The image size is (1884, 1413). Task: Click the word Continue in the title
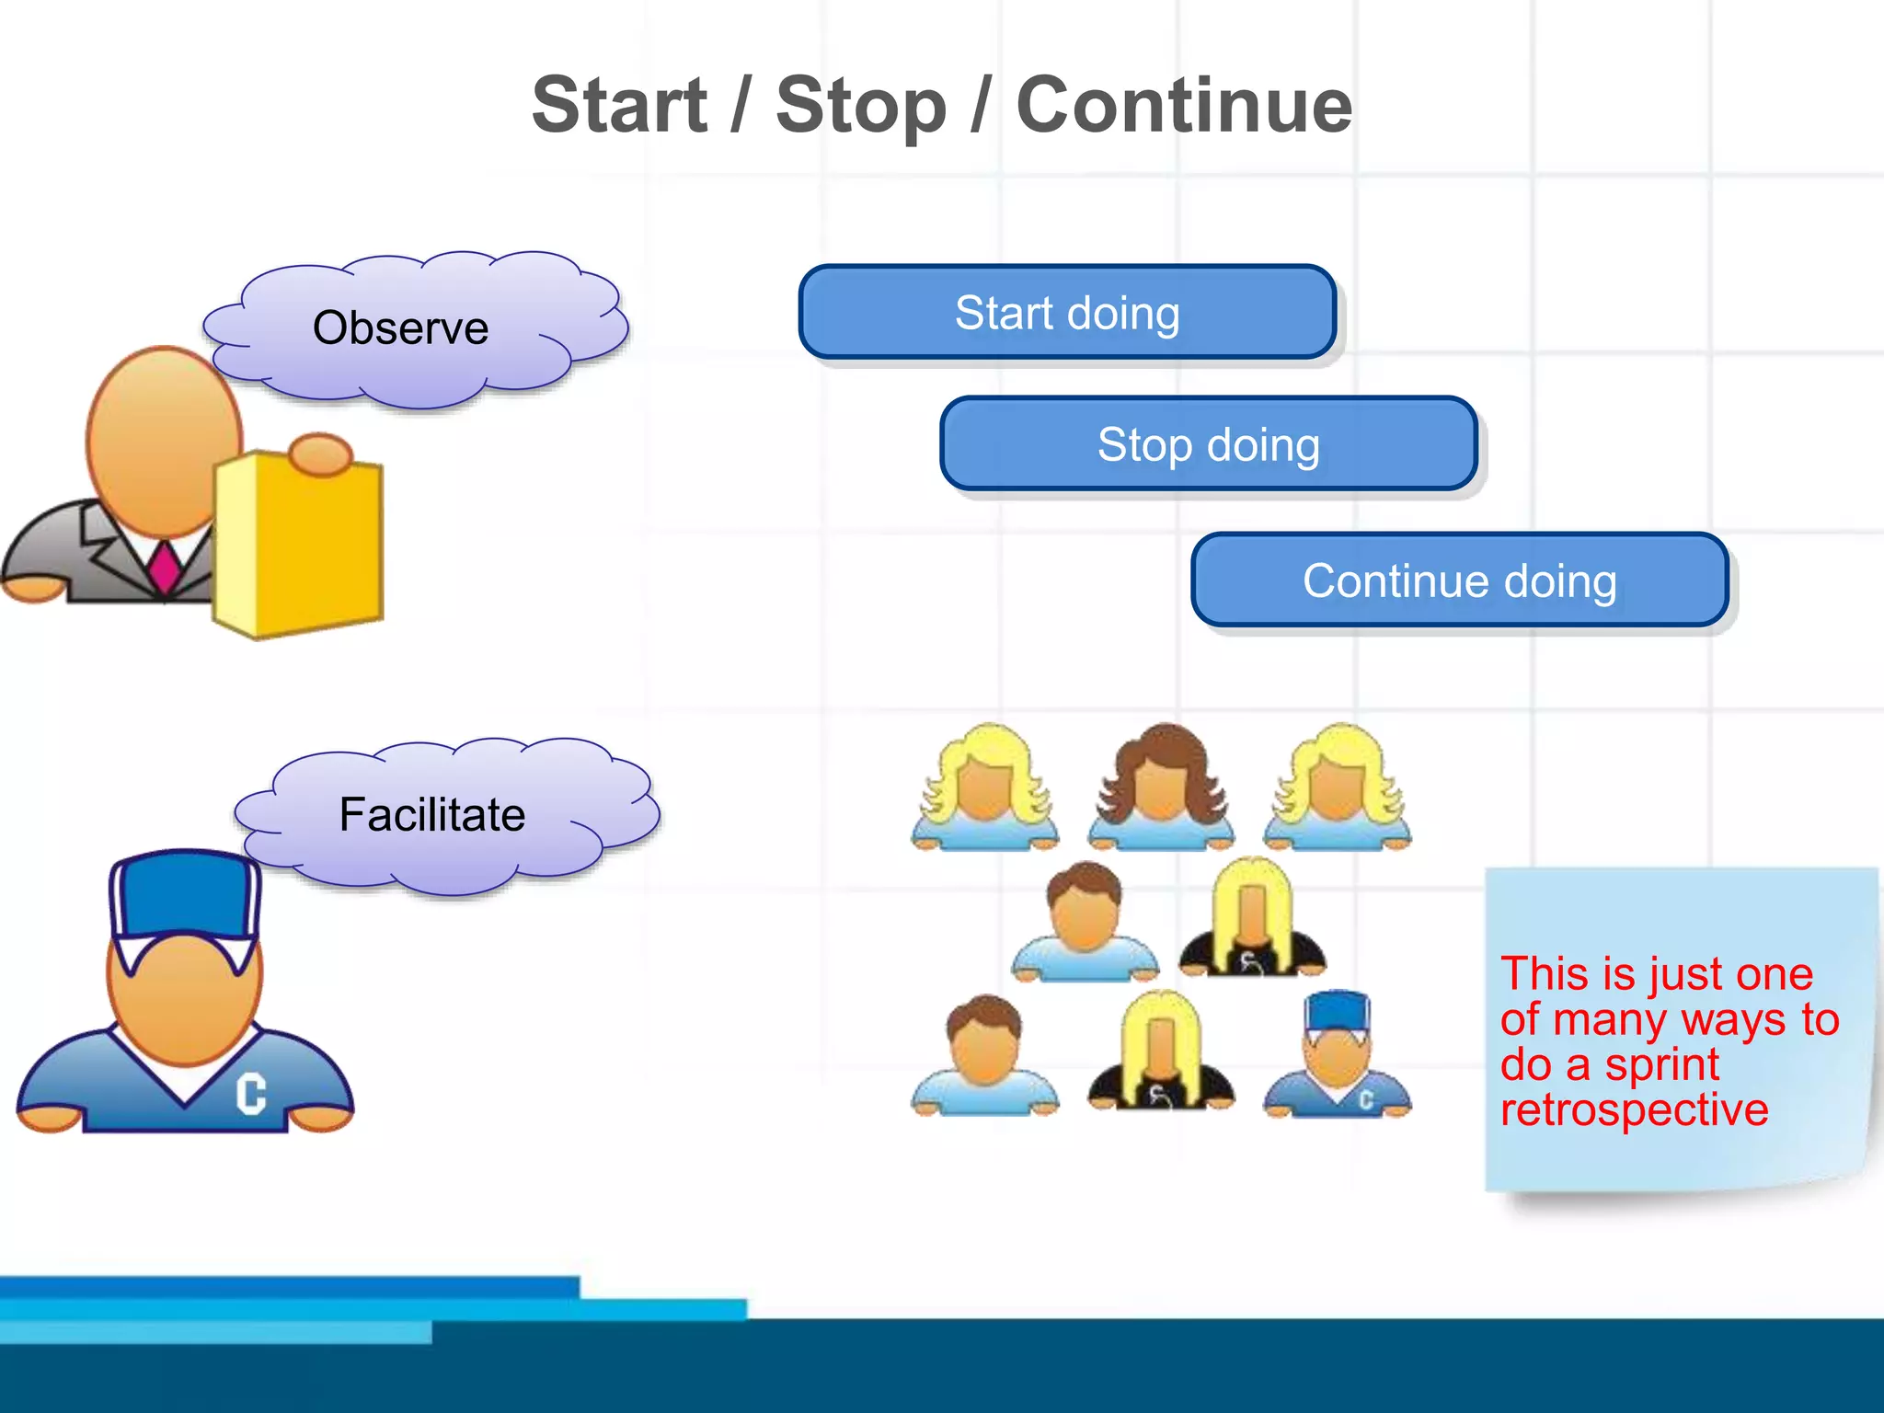coord(1184,106)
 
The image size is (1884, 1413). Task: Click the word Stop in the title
coord(860,106)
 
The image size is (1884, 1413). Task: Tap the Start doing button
coord(1067,313)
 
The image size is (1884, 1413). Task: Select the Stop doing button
coord(1209,444)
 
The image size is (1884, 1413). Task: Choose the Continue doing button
coord(1459,580)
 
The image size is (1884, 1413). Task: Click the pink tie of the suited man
coord(166,567)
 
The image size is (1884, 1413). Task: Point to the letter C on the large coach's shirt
coord(250,1095)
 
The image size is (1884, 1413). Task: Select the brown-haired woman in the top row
coord(1161,787)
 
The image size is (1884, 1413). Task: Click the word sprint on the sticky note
coord(1661,1065)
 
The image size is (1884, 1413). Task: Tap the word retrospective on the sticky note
coord(1634,1109)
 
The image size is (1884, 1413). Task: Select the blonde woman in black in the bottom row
coord(1160,1053)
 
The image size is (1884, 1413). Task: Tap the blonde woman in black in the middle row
coord(1251,920)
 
